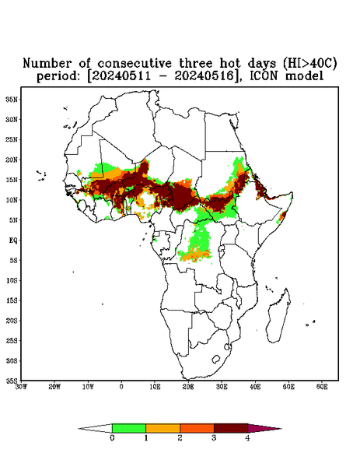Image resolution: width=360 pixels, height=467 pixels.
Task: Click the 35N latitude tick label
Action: click(12, 99)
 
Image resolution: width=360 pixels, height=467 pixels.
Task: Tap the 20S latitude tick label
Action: click(12, 321)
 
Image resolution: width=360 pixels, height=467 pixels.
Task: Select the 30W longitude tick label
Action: click(21, 387)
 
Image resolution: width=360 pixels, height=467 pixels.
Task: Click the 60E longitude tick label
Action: click(322, 387)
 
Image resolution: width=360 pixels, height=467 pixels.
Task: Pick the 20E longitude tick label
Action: click(188, 387)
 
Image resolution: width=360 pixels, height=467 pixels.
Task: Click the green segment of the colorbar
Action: click(129, 428)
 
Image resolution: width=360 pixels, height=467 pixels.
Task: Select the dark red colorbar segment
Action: click(231, 428)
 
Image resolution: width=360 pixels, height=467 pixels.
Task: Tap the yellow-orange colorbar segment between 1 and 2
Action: click(163, 428)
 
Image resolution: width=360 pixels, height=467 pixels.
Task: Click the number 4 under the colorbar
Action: click(247, 438)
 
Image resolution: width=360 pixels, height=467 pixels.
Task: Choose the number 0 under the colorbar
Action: click(112, 438)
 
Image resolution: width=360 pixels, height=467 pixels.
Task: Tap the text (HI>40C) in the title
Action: click(309, 63)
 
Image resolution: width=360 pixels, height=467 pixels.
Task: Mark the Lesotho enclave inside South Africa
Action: click(215, 359)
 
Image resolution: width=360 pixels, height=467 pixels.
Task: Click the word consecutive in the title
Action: click(135, 64)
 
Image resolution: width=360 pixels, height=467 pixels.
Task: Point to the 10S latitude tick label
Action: click(12, 280)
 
